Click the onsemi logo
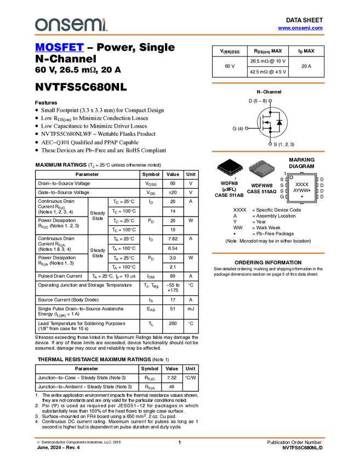pyautogui.click(x=71, y=25)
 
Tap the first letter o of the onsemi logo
pyautogui.click(x=41, y=25)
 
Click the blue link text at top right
pyautogui.click(x=300, y=28)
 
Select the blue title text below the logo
pyautogui.click(x=59, y=48)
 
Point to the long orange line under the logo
pyautogui.click(x=180, y=35)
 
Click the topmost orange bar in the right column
pyautogui.click(x=268, y=83)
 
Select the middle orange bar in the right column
pyautogui.click(x=268, y=151)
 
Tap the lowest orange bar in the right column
pyautogui.click(x=268, y=253)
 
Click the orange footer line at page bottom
pyautogui.click(x=180, y=438)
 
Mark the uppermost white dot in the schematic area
pyautogui.click(x=270, y=101)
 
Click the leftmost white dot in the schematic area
pyautogui.click(x=247, y=128)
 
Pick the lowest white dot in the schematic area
pyautogui.click(x=270, y=144)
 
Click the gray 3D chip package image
pyautogui.click(x=261, y=169)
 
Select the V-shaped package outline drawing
pyautogui.click(x=230, y=171)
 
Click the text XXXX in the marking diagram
pyautogui.click(x=302, y=185)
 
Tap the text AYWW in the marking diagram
pyautogui.click(x=300, y=191)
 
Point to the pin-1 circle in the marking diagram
pyautogui.click(x=292, y=177)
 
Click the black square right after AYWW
pyautogui.click(x=310, y=191)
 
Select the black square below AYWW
pyautogui.click(x=302, y=196)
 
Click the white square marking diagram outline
pyautogui.click(x=302, y=188)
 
